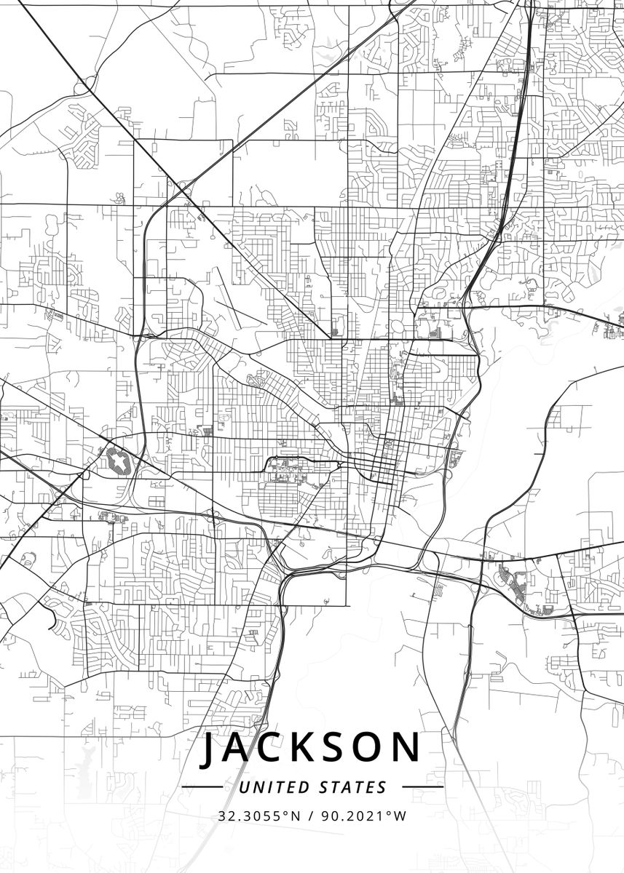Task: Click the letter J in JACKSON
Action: (209, 749)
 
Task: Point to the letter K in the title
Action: (309, 749)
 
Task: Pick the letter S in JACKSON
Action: (341, 749)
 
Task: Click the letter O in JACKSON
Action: (374, 749)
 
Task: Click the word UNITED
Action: (274, 787)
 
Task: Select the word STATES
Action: (353, 787)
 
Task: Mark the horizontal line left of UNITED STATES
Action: (202, 787)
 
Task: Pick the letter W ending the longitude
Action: (400, 816)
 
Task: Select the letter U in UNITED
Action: (244, 787)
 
